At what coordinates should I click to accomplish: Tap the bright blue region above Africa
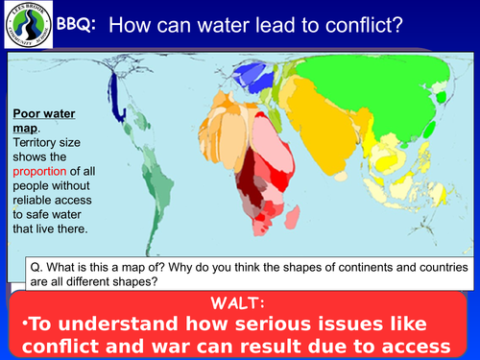(x=254, y=72)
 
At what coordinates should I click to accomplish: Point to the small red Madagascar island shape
(x=305, y=215)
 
